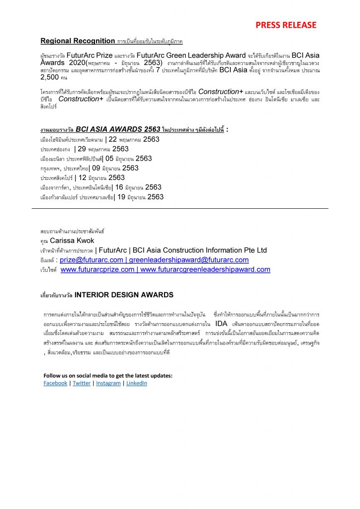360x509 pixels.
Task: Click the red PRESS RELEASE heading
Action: [x=285, y=25]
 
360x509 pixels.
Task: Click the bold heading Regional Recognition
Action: [x=77, y=41]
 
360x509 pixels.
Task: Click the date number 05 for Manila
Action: [x=110, y=159]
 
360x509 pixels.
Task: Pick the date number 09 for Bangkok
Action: [x=96, y=168]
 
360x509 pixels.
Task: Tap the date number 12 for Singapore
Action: [x=82, y=177]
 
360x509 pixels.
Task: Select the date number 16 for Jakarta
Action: [x=119, y=187]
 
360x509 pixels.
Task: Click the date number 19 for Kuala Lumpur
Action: [x=121, y=197]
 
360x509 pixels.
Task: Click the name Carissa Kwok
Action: [x=72, y=241]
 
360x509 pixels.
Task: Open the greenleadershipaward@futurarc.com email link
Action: [x=189, y=260]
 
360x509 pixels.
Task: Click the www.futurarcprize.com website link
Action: [x=97, y=269]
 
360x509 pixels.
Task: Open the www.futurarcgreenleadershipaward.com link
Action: [x=205, y=269]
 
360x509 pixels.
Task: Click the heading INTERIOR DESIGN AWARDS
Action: [x=124, y=295]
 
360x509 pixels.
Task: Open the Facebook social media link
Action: [x=55, y=383]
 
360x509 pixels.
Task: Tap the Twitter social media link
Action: [x=82, y=383]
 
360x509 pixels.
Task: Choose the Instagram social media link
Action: [x=108, y=383]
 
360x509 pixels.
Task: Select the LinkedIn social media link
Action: [x=137, y=383]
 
